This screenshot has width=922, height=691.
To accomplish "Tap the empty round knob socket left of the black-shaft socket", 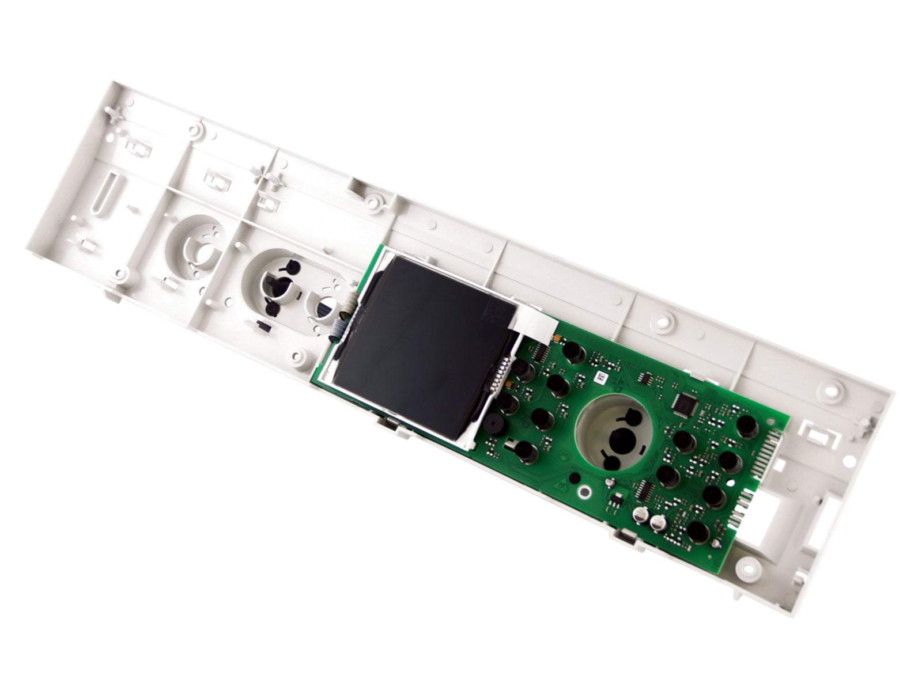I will [x=195, y=244].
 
